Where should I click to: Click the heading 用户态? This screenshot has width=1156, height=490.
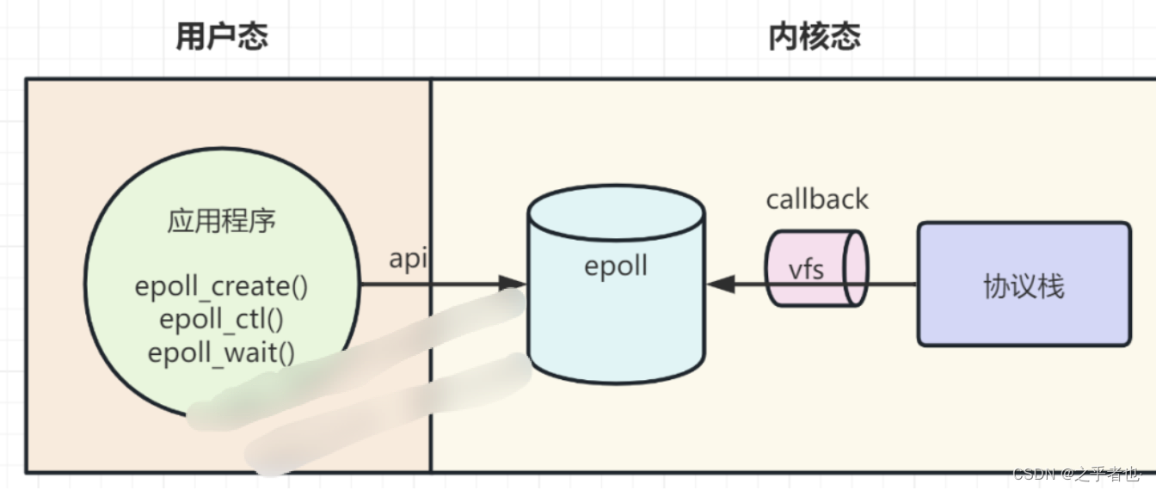[222, 37]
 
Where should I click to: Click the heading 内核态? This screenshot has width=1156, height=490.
[814, 37]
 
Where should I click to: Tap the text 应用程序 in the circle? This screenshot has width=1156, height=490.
[221, 221]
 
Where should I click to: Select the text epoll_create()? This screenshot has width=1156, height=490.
[221, 286]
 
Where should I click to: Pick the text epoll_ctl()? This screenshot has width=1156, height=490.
[221, 320]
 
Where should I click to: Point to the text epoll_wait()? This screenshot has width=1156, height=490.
[221, 352]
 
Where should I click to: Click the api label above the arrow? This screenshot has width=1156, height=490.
[409, 259]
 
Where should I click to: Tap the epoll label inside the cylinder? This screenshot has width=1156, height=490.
[615, 266]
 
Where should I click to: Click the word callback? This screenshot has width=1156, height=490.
[817, 199]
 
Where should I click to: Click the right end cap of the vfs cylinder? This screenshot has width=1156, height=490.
[855, 267]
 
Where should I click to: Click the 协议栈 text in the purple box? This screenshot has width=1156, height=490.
[1023, 286]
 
